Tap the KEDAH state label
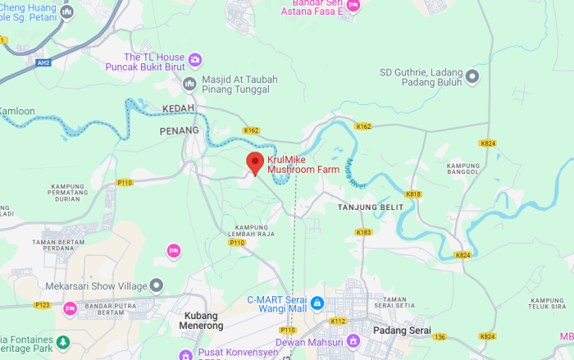(x=177, y=108)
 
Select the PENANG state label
(x=180, y=130)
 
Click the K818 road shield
(x=413, y=194)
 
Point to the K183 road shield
(x=364, y=232)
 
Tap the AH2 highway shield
(x=43, y=62)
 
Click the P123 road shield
(x=43, y=305)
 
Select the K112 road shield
(x=337, y=321)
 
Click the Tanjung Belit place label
(x=371, y=207)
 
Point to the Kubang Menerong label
(x=201, y=320)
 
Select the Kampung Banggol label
(x=463, y=170)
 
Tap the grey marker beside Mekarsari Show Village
(x=157, y=285)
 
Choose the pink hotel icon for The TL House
(x=195, y=60)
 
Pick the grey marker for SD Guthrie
(x=471, y=77)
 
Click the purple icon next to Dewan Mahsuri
(x=353, y=340)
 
